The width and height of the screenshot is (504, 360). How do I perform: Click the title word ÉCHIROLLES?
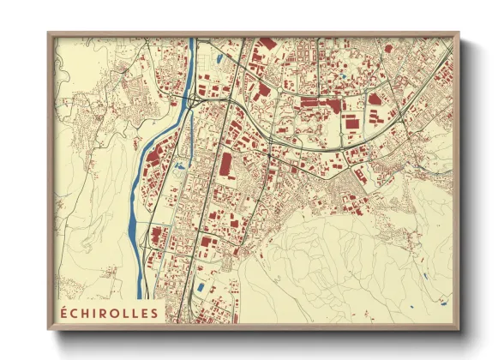click(108, 313)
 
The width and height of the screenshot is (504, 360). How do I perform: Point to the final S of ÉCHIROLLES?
click(153, 313)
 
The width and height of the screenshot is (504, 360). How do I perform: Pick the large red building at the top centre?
click(268, 42)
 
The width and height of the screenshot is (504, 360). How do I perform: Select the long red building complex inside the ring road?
click(321, 103)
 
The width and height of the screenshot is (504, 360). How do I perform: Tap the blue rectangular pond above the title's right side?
click(201, 288)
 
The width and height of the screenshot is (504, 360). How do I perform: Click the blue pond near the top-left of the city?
click(219, 59)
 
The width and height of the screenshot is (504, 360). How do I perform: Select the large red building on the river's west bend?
click(153, 158)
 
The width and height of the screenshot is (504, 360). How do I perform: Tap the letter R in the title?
click(106, 313)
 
